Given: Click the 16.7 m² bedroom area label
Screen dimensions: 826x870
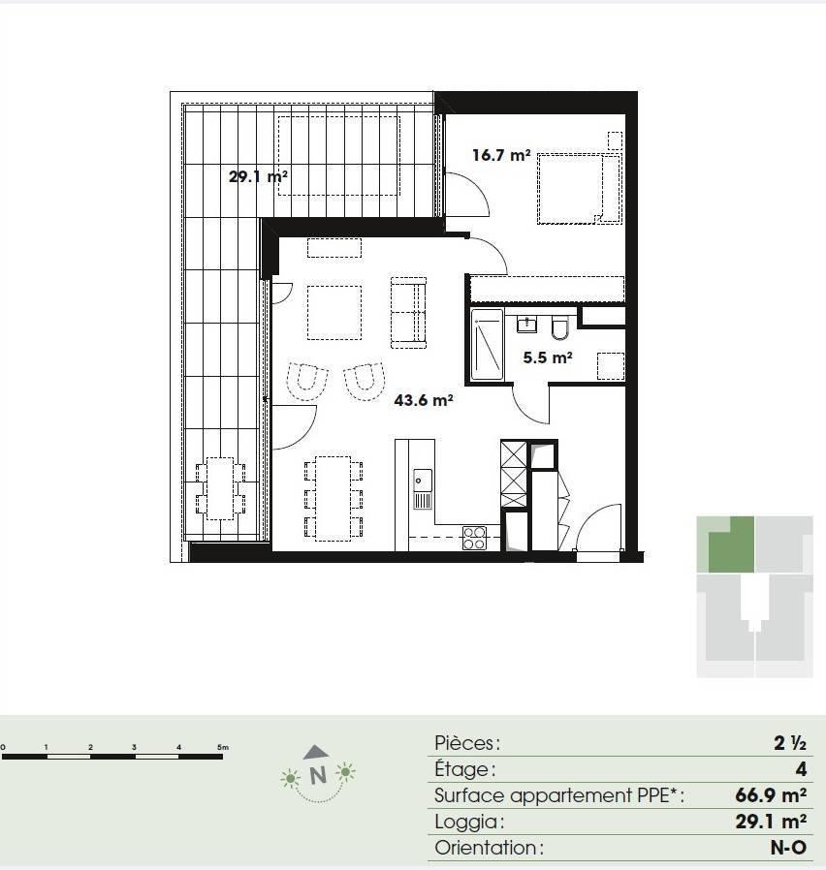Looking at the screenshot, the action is pyautogui.click(x=501, y=155).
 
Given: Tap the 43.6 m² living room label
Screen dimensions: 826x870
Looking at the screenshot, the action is pyautogui.click(x=424, y=400).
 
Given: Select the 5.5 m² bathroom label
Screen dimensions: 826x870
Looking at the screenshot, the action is pyautogui.click(x=548, y=357).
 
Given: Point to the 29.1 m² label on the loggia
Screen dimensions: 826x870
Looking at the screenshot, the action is pyautogui.click(x=258, y=177).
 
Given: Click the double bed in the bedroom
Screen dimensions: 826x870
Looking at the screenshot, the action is pyautogui.click(x=579, y=189).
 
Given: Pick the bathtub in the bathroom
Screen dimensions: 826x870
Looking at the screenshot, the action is pyautogui.click(x=488, y=345).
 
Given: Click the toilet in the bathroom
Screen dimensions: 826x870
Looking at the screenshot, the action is pyautogui.click(x=560, y=327).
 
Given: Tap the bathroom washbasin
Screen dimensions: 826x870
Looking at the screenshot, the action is pyautogui.click(x=526, y=324).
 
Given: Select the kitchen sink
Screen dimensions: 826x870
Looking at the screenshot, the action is pyautogui.click(x=423, y=488).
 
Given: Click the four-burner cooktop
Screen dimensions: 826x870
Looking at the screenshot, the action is pyautogui.click(x=475, y=538).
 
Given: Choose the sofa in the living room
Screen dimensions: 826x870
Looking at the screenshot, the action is pyautogui.click(x=408, y=312).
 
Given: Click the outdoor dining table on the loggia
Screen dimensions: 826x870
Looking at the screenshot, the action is pyautogui.click(x=220, y=488).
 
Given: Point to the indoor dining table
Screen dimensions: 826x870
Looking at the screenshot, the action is pyautogui.click(x=334, y=498).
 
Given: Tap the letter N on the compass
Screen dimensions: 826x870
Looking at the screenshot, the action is pyautogui.click(x=318, y=776).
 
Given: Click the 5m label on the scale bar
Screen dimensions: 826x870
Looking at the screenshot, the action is pyautogui.click(x=223, y=747).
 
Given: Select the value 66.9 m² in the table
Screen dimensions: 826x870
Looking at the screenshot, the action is pyautogui.click(x=771, y=795).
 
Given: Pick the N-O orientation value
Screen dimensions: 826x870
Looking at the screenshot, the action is pyautogui.click(x=788, y=848).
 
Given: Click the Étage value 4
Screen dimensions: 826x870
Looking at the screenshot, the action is pyautogui.click(x=801, y=769).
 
